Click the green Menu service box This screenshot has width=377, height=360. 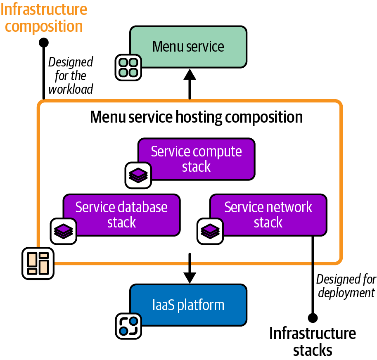coord(188,46)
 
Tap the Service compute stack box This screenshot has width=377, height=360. coord(197,159)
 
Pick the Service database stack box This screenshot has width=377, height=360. coord(121,215)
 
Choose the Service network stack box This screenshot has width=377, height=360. coord(268,215)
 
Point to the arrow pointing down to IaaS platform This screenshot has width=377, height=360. coord(190,268)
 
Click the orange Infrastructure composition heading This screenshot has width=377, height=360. coord(44,18)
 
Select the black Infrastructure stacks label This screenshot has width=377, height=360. coord(313,341)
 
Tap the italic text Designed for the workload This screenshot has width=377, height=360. coord(71,76)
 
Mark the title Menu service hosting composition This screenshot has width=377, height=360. coord(196,117)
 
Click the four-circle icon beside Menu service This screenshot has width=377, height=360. coord(128,67)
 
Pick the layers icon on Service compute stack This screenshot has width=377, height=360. coord(138,175)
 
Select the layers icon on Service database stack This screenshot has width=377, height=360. coord(64,231)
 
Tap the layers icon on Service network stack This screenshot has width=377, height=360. coord(210,231)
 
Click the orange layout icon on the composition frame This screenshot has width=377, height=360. coord(38,263)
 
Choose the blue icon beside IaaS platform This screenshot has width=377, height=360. coord(128,326)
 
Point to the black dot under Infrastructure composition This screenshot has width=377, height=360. coord(43,42)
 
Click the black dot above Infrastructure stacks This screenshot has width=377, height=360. coord(313,318)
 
